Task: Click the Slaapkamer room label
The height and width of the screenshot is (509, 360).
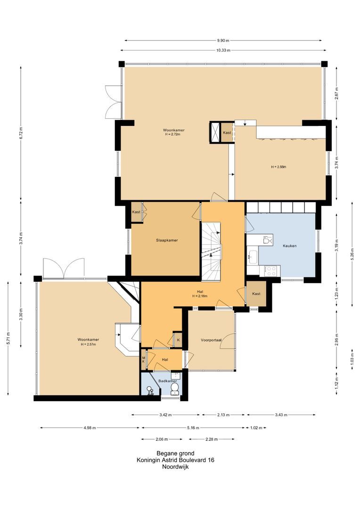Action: coord(167,240)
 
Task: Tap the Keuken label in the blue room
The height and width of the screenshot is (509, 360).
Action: coord(290,246)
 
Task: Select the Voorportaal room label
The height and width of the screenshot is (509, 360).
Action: coord(211,340)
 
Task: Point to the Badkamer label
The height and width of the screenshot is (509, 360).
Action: coord(167,381)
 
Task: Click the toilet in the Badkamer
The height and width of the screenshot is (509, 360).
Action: coord(175,388)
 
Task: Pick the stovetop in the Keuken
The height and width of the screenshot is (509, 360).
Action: coord(272,270)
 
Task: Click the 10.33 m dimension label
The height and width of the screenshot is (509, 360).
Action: coord(223,50)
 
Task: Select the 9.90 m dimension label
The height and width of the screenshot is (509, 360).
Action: coord(223,40)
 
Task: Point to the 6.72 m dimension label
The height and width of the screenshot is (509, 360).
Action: coord(21,133)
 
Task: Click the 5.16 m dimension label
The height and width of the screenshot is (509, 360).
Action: coord(193,427)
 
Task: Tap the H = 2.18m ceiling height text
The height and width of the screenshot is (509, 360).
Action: coord(200,296)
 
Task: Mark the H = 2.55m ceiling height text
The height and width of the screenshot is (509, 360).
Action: coord(278,167)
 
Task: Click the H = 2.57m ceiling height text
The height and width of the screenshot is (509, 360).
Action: coord(88,344)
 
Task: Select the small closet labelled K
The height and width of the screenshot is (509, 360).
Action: coord(178,340)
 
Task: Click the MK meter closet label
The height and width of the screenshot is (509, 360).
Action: coord(143,359)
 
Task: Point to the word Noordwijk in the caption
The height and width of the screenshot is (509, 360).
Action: coord(175,467)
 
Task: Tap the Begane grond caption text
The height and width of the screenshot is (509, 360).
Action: coord(175,453)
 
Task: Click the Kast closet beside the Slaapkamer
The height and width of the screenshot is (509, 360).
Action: coord(136,212)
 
